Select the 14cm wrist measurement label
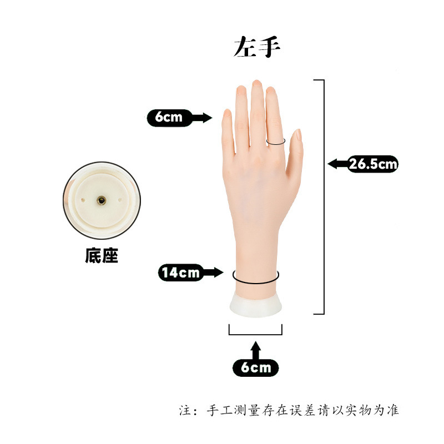tap(180, 273)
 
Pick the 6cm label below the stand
tap(255, 367)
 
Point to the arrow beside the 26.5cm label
tap(337, 164)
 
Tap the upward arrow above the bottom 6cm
tap(255, 350)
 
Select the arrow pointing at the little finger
tap(203, 118)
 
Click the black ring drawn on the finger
tap(276, 142)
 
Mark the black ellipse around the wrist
tap(255, 276)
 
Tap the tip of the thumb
tap(297, 133)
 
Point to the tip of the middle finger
tap(256, 84)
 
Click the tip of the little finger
tap(227, 114)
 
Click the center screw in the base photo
tap(102, 200)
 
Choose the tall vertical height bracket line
tap(323, 197)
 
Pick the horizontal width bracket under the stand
tap(256, 334)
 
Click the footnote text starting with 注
tap(289, 411)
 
